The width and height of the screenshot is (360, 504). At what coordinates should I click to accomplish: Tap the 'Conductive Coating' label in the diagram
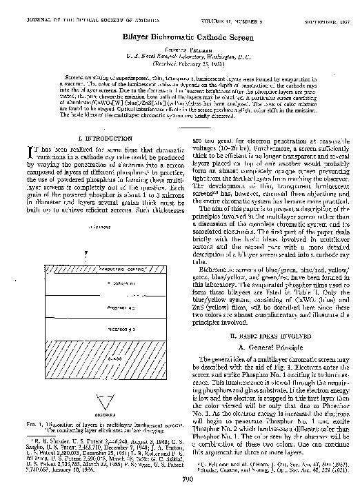(x=103, y=268)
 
